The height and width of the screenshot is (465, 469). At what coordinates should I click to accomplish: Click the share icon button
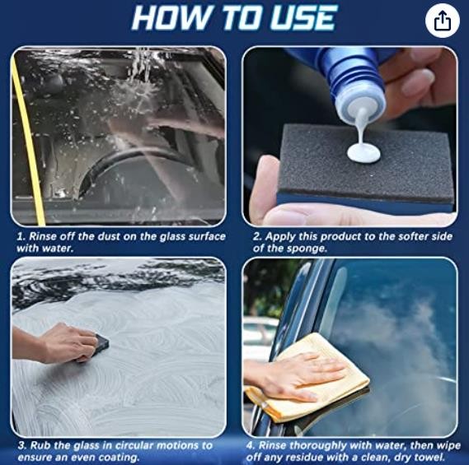442,21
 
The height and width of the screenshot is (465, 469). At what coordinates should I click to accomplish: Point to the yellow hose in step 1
27,141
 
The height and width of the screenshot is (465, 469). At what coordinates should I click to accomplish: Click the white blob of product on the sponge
363,153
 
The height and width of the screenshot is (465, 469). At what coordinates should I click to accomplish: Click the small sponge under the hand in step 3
101,346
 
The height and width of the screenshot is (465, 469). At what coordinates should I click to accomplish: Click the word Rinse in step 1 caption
43,236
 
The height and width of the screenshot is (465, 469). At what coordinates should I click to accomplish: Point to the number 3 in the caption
21,446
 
